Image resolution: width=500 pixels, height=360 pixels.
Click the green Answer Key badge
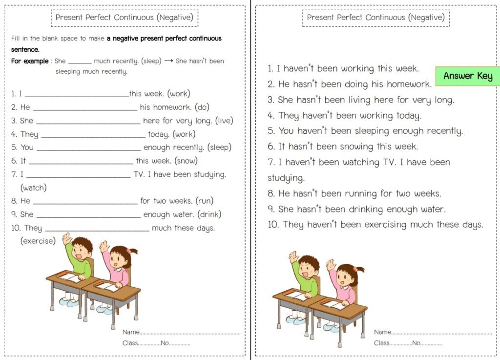point(468,76)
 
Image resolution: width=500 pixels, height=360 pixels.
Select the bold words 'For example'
point(30,61)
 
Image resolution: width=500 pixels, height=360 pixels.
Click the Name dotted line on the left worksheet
point(190,333)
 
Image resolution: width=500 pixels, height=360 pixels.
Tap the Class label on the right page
point(381,343)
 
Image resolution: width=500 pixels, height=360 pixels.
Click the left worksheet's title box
point(125,18)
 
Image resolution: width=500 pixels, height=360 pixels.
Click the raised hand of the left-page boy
point(67,239)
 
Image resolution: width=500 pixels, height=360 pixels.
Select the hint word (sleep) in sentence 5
point(219,147)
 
